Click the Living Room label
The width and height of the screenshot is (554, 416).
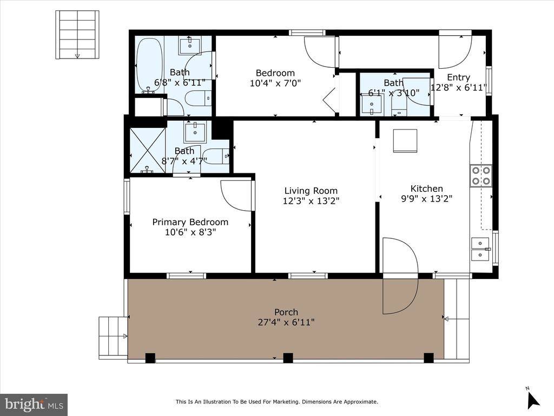coord(311,191)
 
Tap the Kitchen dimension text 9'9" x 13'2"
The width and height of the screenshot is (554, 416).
coord(426,199)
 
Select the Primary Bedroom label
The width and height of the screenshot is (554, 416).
coord(190,222)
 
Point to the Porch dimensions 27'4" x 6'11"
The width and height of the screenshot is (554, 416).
coord(286,322)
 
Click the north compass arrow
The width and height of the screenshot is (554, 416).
coord(533,399)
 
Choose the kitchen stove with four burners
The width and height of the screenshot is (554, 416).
coord(480,175)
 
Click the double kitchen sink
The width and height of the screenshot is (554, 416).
coord(480,249)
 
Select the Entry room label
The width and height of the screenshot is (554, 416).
coord(458,77)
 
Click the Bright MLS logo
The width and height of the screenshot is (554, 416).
coord(34,404)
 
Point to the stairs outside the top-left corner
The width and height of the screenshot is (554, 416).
coord(77,35)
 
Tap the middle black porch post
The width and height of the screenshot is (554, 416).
coord(288,357)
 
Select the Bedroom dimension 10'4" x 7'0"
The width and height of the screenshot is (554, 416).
coord(275,83)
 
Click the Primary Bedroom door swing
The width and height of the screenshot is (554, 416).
coord(236,196)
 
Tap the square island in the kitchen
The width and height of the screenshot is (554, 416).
coord(405,141)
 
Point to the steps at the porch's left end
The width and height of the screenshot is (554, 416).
coord(113,336)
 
